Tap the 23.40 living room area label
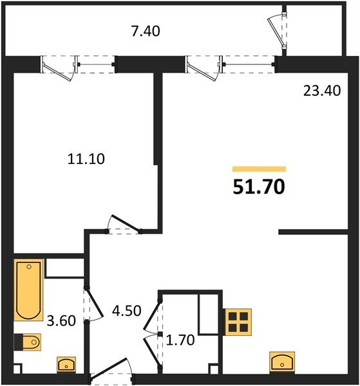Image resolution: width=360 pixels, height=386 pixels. point(322,91)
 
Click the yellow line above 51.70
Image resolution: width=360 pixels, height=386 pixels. point(258,169)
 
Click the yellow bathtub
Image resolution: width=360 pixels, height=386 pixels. point(28,289)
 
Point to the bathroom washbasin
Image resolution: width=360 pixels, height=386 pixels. point(66,365)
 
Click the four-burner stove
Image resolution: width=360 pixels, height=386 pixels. point(238,322)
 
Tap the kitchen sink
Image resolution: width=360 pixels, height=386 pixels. point(282,362)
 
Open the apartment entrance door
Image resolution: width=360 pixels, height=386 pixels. point(111,375)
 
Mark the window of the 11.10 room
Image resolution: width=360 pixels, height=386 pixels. point(78,64)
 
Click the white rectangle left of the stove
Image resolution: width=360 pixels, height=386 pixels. point(210,315)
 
